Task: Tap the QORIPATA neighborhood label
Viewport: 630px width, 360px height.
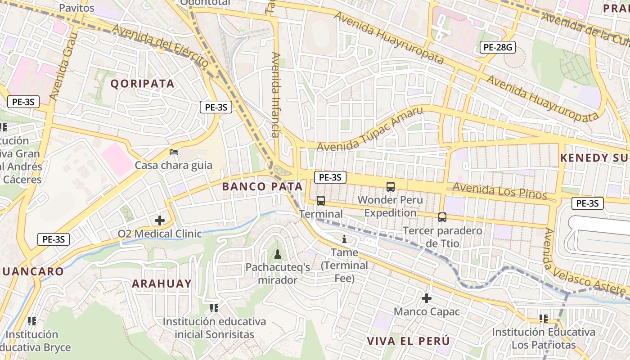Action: (142, 84)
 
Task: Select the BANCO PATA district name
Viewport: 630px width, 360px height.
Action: (262, 186)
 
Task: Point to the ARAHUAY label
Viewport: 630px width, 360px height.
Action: (162, 283)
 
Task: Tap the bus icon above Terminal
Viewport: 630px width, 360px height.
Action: (320, 201)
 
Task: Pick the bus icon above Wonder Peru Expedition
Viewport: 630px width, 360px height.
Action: (390, 186)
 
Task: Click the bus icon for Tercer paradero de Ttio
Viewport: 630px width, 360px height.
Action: (442, 217)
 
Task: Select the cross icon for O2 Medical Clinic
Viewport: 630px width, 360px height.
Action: (159, 220)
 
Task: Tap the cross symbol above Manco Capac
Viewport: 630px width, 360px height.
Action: (426, 298)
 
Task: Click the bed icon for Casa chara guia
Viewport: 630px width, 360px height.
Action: (173, 152)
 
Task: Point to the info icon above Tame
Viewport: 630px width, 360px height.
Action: (344, 239)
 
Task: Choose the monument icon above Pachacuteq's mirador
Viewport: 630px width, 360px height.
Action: (277, 254)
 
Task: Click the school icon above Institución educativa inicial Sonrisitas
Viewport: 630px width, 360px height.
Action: (214, 308)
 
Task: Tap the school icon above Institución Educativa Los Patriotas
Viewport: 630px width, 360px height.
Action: (543, 319)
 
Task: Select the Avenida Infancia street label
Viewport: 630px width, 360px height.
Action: (275, 94)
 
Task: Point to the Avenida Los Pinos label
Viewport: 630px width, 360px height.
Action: (499, 190)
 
